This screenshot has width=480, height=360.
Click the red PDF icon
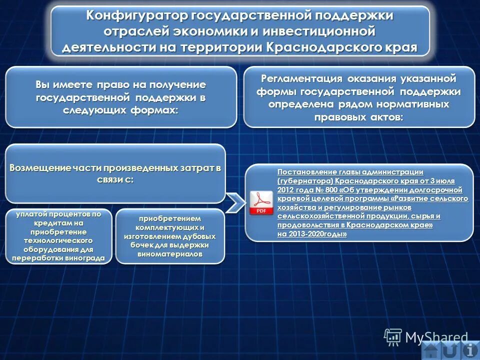click(261, 202)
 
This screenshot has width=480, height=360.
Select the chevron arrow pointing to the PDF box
click(235, 202)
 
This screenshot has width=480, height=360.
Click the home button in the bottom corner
click(430, 350)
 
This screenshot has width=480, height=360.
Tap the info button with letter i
click(468, 350)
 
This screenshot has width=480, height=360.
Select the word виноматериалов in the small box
click(170, 254)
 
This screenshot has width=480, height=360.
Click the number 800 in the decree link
click(330, 190)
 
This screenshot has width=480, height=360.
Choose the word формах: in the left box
click(155, 109)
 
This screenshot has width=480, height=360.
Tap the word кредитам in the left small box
click(45, 223)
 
